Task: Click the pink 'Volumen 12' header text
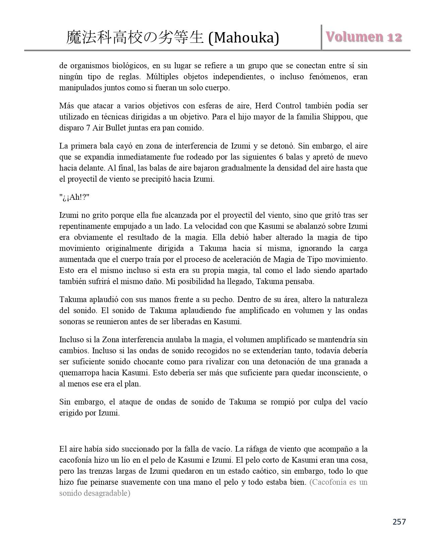[x=364, y=37]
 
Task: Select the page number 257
[x=399, y=522]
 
